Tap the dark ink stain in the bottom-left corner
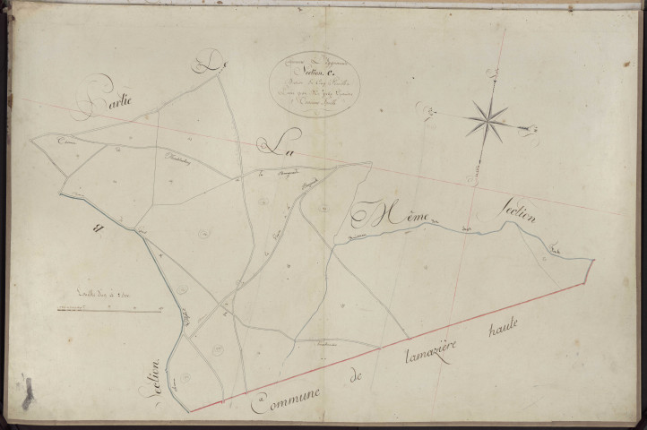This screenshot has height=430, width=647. click(27, 392)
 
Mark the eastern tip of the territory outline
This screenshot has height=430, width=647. click(593, 259)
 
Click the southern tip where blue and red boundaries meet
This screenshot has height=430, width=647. click(189, 411)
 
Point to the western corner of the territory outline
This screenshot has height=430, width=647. click(31, 141)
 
